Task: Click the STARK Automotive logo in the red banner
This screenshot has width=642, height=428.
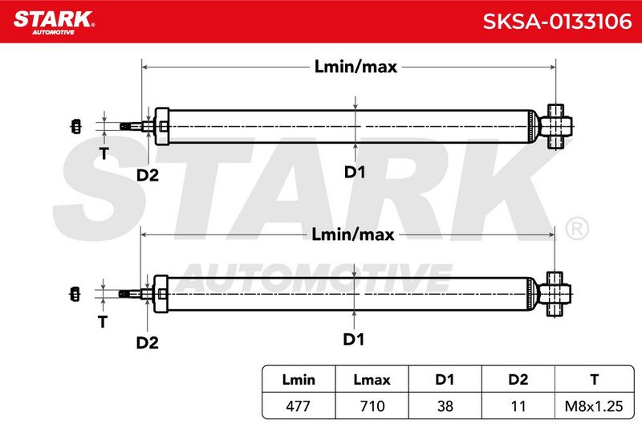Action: click(x=54, y=22)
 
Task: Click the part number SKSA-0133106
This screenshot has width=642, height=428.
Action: click(x=557, y=22)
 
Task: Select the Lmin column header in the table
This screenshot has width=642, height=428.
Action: click(x=299, y=380)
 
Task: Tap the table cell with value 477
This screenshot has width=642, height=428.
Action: click(x=298, y=406)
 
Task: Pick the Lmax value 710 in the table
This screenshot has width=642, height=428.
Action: click(x=372, y=406)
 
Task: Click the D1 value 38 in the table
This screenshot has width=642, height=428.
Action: click(x=445, y=406)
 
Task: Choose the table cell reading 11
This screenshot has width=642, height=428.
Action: click(x=518, y=406)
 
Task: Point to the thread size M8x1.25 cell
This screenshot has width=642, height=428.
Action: click(x=594, y=406)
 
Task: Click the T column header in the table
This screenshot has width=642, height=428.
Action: click(x=594, y=380)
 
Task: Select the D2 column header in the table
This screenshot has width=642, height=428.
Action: click(x=518, y=380)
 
